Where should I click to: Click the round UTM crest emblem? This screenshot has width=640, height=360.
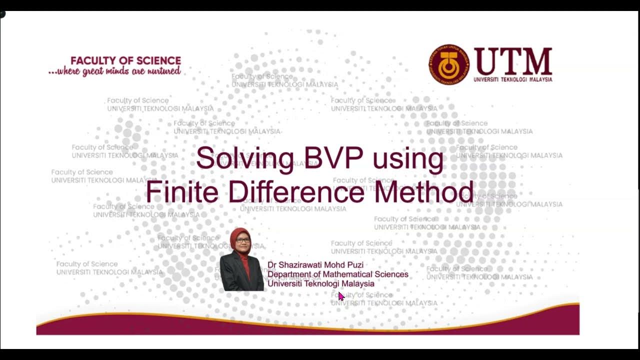(449, 64)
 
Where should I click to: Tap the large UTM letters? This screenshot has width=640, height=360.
(513, 61)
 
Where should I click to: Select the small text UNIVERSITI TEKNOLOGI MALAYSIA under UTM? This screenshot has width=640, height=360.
(513, 79)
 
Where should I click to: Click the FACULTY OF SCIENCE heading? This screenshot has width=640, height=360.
(125, 60)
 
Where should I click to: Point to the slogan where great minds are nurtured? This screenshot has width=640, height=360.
(115, 71)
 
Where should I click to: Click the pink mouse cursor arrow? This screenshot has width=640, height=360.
(341, 296)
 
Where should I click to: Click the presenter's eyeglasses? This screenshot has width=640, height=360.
(242, 240)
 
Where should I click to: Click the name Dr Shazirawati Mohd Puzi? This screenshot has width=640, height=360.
(315, 265)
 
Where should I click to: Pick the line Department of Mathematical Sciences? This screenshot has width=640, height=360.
(337, 274)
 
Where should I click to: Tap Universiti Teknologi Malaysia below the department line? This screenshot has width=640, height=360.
(320, 283)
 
